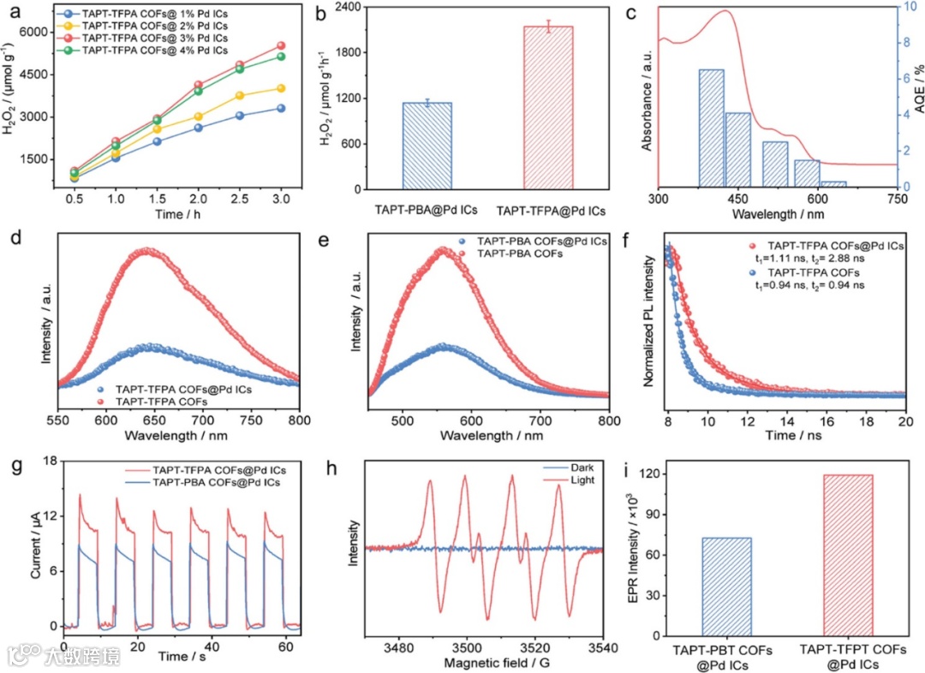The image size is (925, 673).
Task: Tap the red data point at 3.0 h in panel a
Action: tap(281, 45)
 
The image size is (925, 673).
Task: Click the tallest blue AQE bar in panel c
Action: tap(711, 128)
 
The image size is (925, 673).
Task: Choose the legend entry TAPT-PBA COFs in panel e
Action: tap(514, 255)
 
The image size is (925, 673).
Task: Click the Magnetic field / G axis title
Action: tap(484, 664)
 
